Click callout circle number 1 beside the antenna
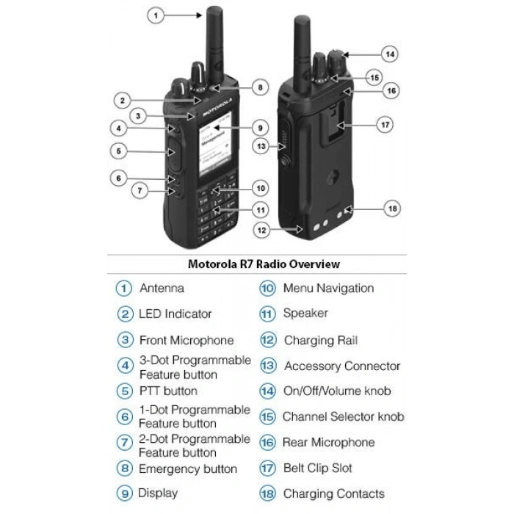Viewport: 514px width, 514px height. click(155, 15)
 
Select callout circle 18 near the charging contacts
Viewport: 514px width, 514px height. click(393, 209)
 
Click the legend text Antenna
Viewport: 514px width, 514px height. click(162, 289)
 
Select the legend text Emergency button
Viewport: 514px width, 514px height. click(187, 468)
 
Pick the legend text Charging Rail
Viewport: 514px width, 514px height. click(321, 341)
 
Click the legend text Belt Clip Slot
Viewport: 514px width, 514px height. click(317, 468)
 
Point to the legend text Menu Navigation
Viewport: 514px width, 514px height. click(328, 289)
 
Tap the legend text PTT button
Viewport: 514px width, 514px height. click(168, 391)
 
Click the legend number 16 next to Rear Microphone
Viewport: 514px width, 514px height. click(268, 443)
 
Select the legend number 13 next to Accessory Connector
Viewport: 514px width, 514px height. click(268, 366)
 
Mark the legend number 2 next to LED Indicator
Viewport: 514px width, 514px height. click(124, 314)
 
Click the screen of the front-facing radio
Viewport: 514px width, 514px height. click(214, 148)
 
